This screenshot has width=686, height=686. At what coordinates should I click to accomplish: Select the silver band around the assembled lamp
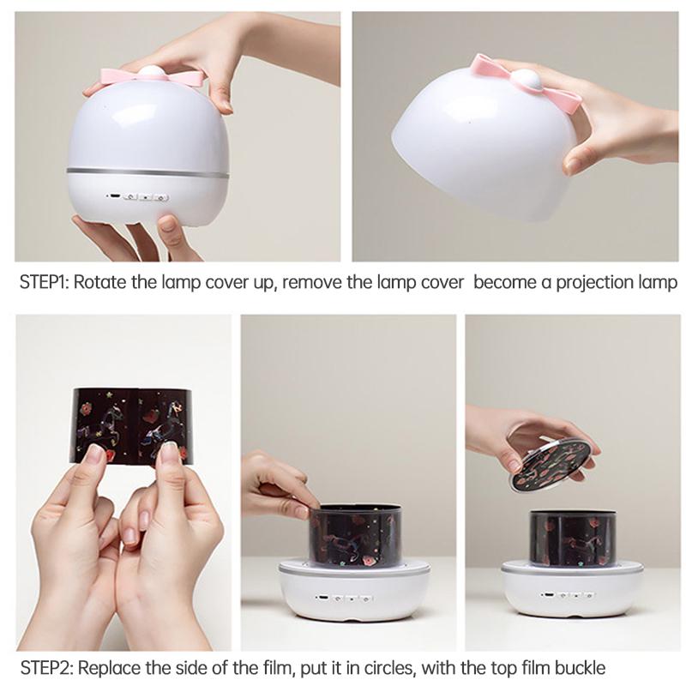coord(147,172)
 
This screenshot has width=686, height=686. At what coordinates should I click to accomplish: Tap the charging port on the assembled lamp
coord(114,196)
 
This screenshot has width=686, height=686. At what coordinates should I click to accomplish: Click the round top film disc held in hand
coord(554,466)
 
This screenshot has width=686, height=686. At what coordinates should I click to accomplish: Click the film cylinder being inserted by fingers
coord(355,535)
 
